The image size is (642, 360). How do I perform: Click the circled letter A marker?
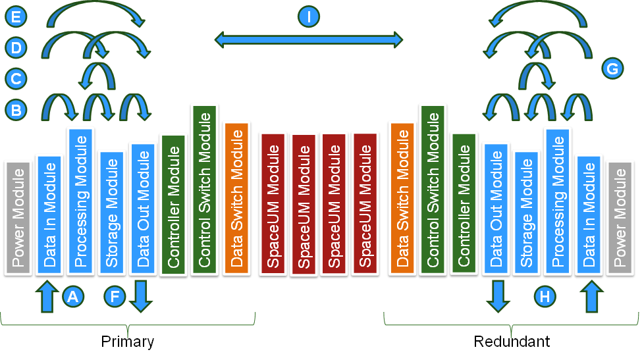73,297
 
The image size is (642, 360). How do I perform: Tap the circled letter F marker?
115,297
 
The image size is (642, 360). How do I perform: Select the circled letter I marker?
309,16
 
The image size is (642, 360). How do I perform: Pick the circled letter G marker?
612,68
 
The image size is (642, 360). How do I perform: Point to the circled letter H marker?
545,297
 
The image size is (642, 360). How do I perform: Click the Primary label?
128,342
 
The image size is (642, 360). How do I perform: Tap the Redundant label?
512,342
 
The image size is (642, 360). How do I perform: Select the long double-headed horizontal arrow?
309,39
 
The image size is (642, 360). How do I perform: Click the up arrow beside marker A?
46,296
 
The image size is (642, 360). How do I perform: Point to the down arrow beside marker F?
140,296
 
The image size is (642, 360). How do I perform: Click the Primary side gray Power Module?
18,217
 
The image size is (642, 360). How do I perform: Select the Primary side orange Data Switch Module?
236,197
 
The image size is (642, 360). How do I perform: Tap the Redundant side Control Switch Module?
433,191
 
